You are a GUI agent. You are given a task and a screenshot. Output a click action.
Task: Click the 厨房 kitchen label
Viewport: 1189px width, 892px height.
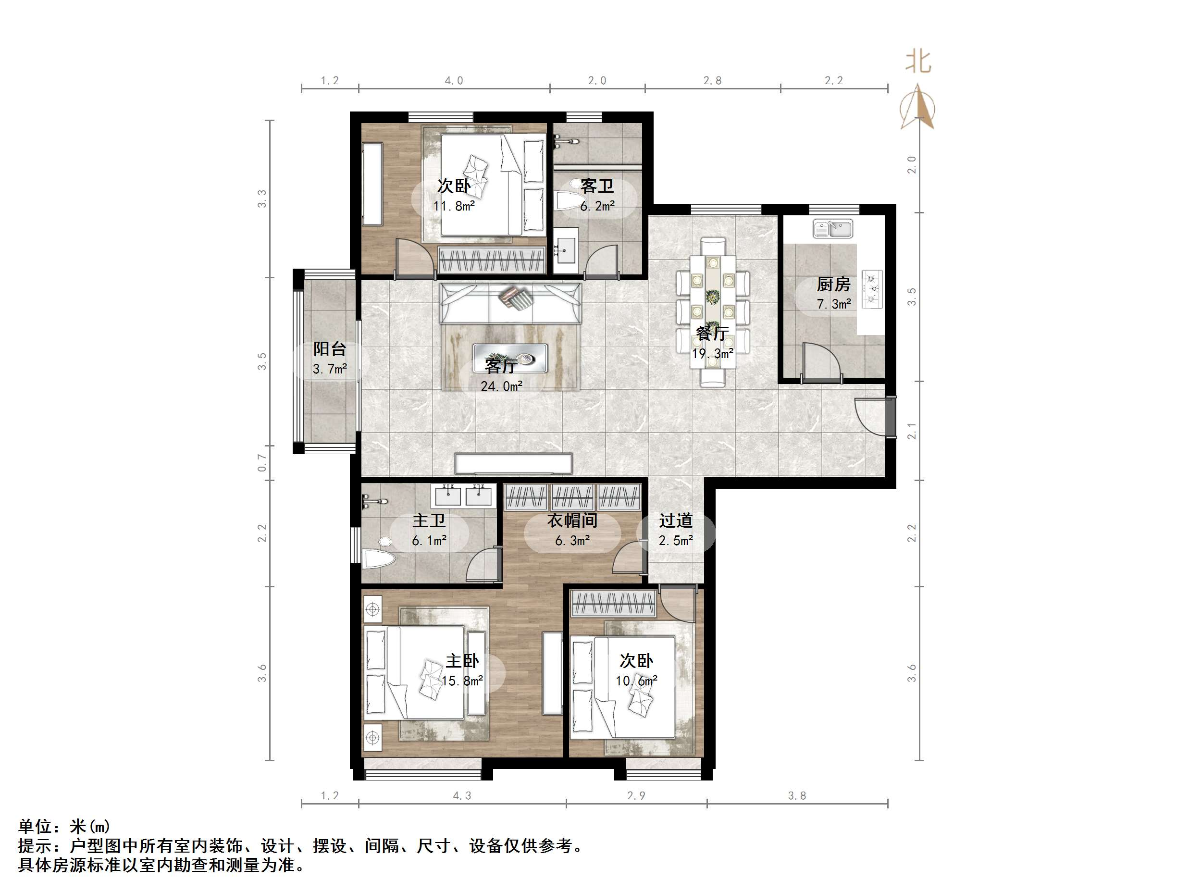click(x=833, y=284)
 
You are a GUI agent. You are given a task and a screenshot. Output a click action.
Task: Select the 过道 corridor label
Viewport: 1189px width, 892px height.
click(x=676, y=520)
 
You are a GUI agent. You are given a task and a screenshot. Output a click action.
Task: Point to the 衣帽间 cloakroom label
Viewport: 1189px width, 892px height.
click(x=572, y=520)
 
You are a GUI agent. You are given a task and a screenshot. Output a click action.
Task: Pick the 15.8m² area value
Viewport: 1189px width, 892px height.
click(x=462, y=681)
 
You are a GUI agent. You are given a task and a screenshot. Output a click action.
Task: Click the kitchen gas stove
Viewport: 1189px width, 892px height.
click(x=872, y=289)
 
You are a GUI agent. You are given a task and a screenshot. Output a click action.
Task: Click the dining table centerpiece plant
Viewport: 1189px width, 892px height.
click(x=713, y=296)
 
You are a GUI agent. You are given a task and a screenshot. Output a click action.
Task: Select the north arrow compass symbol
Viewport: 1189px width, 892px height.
click(x=918, y=108)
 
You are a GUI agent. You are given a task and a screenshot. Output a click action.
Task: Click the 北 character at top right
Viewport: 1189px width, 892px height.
click(x=918, y=62)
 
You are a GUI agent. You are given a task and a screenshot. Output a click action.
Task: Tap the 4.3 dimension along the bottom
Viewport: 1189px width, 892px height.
click(x=462, y=796)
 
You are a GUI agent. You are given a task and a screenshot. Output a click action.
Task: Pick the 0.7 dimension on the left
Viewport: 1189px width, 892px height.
click(x=262, y=462)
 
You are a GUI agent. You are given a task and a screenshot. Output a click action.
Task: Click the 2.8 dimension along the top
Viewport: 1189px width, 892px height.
click(x=712, y=81)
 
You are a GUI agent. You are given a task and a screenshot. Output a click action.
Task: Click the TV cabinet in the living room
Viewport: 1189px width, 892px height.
click(x=513, y=463)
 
